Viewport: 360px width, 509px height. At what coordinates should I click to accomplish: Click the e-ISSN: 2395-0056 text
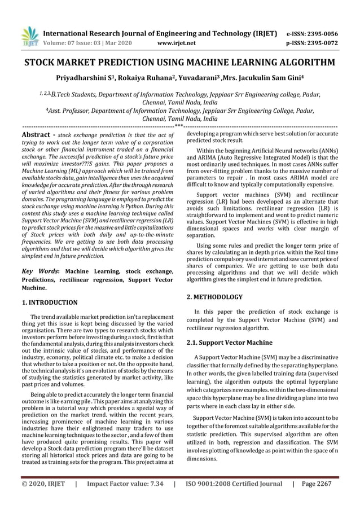point(313,33)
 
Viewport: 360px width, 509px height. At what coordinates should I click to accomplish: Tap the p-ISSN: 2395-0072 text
point(313,42)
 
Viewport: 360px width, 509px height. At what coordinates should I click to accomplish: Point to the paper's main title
point(180,62)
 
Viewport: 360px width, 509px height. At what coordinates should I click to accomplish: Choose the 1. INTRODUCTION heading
point(50,302)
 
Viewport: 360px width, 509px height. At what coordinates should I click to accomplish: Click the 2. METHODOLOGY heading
point(214,296)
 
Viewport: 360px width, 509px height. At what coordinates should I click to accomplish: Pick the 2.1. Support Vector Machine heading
point(221,343)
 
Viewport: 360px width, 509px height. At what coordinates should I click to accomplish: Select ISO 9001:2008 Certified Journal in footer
point(234,484)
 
